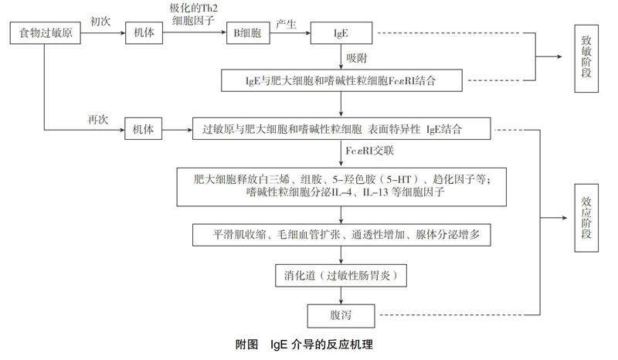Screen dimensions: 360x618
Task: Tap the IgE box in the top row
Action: point(341,35)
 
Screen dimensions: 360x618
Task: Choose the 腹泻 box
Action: point(341,316)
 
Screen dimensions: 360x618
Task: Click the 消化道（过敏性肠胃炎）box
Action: point(341,275)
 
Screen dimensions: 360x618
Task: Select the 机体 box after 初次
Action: point(145,35)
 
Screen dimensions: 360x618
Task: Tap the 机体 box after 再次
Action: point(145,129)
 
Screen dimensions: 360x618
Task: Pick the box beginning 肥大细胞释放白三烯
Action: point(341,186)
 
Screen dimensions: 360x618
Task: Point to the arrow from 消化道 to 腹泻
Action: point(341,296)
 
